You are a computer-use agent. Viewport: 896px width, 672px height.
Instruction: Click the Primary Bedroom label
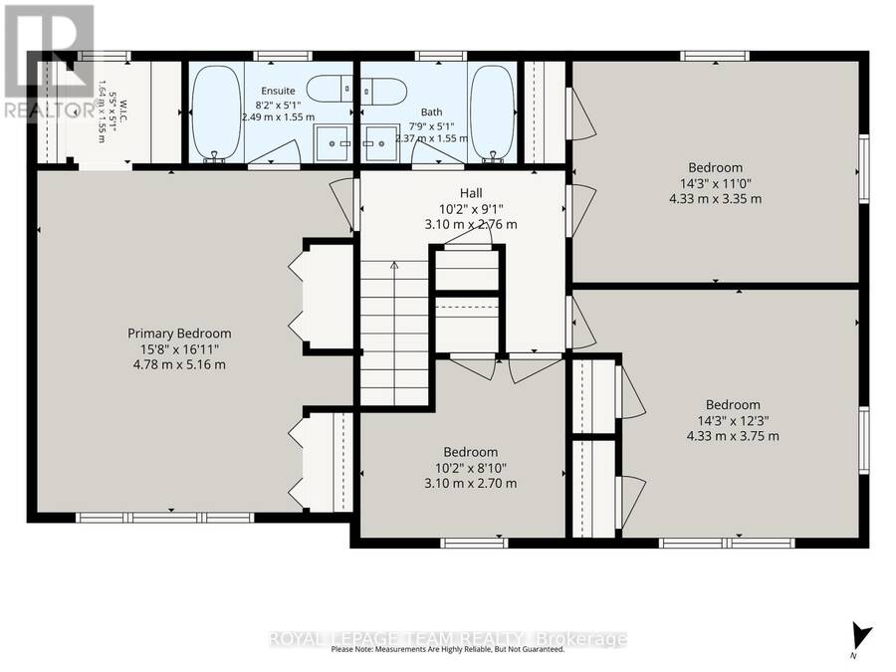pyautogui.click(x=179, y=334)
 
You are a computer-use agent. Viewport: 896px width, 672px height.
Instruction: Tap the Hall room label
pyautogui.click(x=471, y=193)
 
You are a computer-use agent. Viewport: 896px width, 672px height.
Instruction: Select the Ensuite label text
pyautogui.click(x=278, y=91)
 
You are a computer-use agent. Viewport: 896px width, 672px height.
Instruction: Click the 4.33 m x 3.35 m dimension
pyautogui.click(x=716, y=199)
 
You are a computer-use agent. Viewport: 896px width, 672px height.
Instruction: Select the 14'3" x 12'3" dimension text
pyautogui.click(x=733, y=420)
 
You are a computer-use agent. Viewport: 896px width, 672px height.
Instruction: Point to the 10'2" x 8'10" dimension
pyautogui.click(x=471, y=468)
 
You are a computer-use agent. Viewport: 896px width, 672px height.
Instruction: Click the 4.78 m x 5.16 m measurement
pyautogui.click(x=179, y=364)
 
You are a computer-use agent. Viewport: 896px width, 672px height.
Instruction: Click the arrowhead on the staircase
pyautogui.click(x=393, y=265)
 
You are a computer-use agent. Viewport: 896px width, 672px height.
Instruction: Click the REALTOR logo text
pyautogui.click(x=50, y=110)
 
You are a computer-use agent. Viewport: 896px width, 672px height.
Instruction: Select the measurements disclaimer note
pyautogui.click(x=447, y=649)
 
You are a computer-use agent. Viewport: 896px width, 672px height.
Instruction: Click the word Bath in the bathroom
pyautogui.click(x=431, y=112)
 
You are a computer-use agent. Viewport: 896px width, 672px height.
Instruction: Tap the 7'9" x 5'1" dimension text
pyautogui.click(x=431, y=125)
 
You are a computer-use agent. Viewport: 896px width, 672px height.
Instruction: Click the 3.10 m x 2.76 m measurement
pyautogui.click(x=471, y=224)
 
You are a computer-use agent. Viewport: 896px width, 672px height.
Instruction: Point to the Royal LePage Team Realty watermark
pyautogui.click(x=448, y=638)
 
